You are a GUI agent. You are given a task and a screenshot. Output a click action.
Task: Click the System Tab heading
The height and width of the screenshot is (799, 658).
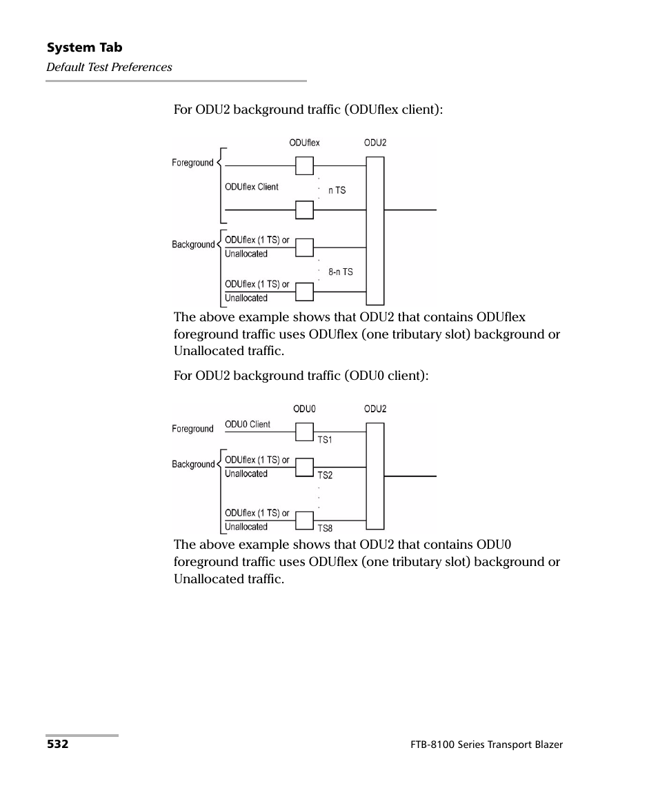coord(84,48)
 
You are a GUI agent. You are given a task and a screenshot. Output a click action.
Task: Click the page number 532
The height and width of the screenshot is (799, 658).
coord(57,745)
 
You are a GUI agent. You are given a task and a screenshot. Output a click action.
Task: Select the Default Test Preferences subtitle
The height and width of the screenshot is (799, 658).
coord(109,67)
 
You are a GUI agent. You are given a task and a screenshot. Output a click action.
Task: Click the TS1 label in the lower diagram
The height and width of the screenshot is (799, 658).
coord(324,440)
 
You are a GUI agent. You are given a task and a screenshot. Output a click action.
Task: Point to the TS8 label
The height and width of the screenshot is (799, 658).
coord(324,529)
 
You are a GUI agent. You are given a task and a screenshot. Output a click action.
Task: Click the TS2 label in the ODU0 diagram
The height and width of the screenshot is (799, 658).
coord(324,476)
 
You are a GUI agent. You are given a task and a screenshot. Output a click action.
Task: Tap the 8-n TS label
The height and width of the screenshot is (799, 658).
coord(340,272)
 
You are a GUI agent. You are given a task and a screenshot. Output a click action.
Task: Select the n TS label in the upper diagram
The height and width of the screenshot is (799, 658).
coord(337,190)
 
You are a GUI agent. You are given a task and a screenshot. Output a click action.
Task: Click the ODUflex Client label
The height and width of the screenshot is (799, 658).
coord(252,187)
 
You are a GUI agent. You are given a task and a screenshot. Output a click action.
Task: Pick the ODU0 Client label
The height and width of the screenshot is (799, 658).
coord(248,425)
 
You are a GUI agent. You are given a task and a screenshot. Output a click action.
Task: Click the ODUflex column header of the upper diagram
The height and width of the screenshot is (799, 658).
coord(304,143)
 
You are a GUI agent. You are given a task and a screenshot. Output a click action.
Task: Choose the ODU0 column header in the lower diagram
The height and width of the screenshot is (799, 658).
coord(304,409)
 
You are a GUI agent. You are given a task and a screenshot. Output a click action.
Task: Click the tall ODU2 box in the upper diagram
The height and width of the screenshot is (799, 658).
coord(375,231)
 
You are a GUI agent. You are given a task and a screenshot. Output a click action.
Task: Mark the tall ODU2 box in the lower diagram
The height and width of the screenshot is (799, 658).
coord(375,476)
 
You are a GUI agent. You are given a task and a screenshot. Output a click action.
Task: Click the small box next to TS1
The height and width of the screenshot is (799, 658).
coord(304,432)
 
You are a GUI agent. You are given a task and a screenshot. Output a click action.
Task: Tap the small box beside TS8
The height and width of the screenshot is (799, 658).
coord(304,521)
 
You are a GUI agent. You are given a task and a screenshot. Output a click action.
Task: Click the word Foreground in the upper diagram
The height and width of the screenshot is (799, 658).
coord(192,163)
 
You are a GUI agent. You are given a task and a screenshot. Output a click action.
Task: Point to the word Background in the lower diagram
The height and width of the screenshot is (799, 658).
coord(193,465)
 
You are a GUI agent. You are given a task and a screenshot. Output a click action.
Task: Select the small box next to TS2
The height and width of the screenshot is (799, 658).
coord(304,468)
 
